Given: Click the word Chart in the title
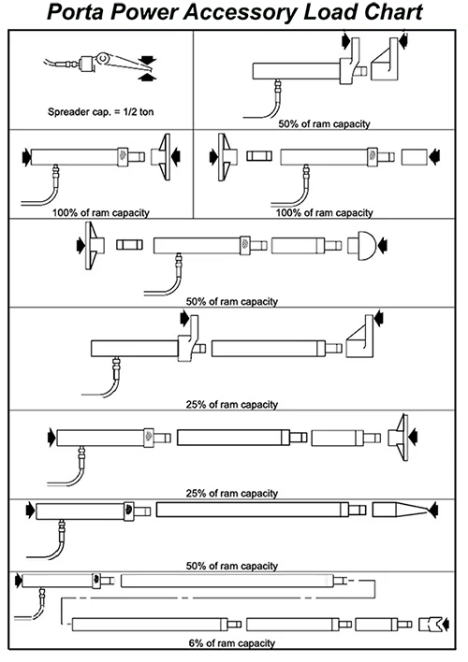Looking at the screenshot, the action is click(393, 12).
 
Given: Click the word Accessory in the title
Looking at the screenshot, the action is click(241, 13).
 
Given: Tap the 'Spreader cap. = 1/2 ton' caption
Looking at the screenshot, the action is click(100, 112).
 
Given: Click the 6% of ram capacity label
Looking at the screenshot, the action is click(232, 643).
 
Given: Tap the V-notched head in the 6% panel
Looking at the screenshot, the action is click(430, 624).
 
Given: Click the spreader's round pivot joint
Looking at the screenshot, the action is click(103, 58).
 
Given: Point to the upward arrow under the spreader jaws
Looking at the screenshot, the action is click(147, 77).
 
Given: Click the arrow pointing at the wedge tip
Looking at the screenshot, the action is click(433, 510).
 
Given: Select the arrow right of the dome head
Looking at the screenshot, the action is click(384, 245).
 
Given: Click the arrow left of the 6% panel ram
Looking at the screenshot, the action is click(18, 580).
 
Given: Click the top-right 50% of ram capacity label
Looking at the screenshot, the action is click(324, 123).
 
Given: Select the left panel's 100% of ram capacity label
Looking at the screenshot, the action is click(100, 212).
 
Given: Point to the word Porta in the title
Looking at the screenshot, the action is click(75, 12).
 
